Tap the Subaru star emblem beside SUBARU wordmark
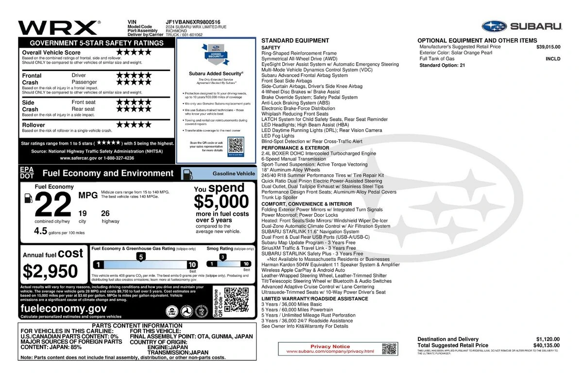click(494, 26)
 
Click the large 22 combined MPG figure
click(53, 205)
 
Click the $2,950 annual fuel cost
click(51, 271)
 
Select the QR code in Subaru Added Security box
click(235, 145)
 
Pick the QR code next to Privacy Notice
click(389, 348)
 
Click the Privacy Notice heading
click(330, 346)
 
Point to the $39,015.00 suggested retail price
click(548, 47)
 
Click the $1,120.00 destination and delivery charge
click(548, 339)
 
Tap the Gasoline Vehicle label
click(234, 173)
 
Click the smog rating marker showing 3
click(223, 257)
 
